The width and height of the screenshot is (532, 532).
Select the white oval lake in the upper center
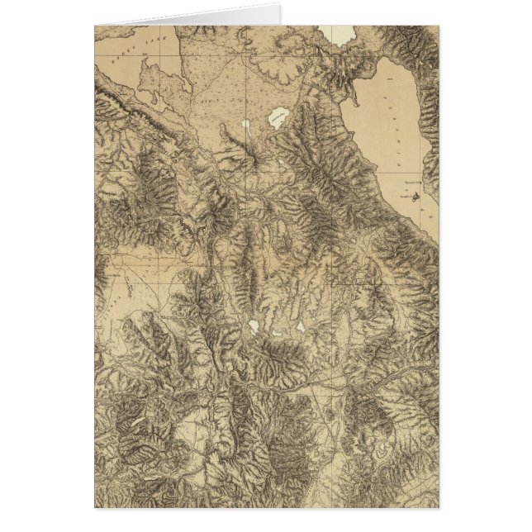[x=278, y=117]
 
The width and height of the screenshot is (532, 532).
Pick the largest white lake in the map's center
[x=253, y=328]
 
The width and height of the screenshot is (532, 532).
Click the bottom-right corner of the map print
[x=439, y=506]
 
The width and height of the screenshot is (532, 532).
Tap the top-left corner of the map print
[x=95, y=26]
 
